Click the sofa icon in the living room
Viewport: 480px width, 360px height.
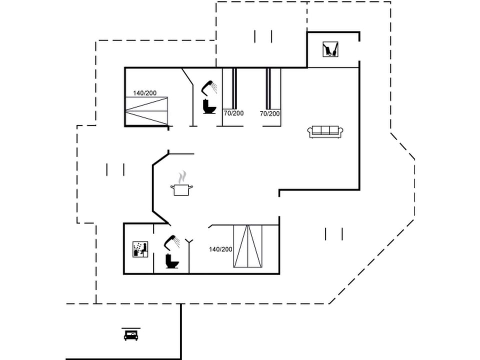[325, 131]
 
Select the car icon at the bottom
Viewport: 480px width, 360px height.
[131, 334]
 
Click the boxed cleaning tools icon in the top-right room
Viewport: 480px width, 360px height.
[329, 49]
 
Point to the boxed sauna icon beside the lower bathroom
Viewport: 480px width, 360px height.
[140, 249]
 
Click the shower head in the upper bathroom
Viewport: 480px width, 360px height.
[209, 87]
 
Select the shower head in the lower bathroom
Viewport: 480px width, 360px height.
[172, 241]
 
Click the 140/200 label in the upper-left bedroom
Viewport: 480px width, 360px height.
[145, 93]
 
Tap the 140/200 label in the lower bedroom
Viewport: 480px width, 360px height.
[220, 249]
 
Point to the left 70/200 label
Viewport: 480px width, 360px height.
[233, 113]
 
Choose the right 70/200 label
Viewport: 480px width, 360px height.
[269, 113]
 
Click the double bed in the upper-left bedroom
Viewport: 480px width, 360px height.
[146, 110]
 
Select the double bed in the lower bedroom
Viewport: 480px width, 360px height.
[247, 246]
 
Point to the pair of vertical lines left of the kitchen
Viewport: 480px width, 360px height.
[115, 170]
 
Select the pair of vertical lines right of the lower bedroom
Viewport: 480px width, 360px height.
[333, 233]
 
